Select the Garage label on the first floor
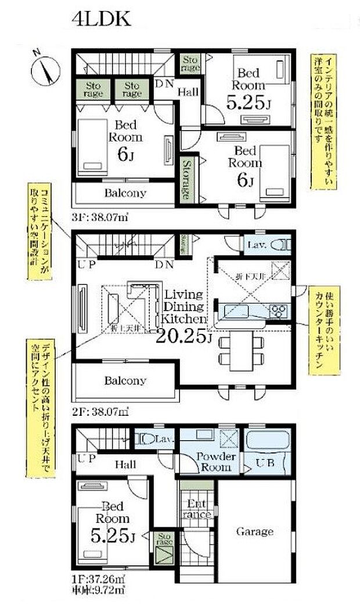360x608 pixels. (254, 531)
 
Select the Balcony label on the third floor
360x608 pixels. (125, 193)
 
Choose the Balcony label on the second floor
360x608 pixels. (125, 381)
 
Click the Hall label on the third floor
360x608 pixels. (188, 92)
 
